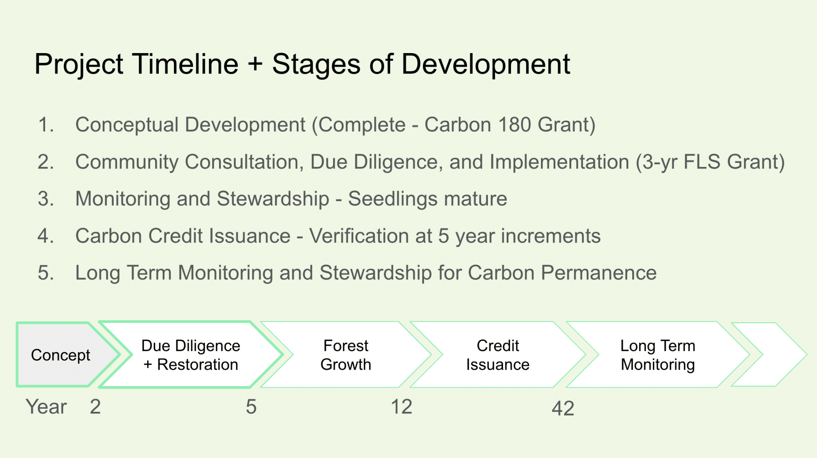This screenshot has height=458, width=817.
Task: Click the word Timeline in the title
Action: (186, 64)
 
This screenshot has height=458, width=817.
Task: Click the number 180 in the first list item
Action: (514, 125)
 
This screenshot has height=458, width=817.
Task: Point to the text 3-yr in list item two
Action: (659, 162)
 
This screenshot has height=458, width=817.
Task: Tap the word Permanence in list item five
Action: (598, 273)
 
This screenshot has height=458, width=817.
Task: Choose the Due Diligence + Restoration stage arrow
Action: (191, 355)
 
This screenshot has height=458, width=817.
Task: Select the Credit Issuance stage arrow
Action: (498, 355)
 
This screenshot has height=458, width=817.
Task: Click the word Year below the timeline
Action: (46, 407)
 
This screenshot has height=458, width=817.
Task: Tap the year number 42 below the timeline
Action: (563, 408)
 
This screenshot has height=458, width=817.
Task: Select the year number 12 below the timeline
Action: (401, 407)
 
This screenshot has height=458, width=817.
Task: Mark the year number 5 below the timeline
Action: (251, 407)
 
